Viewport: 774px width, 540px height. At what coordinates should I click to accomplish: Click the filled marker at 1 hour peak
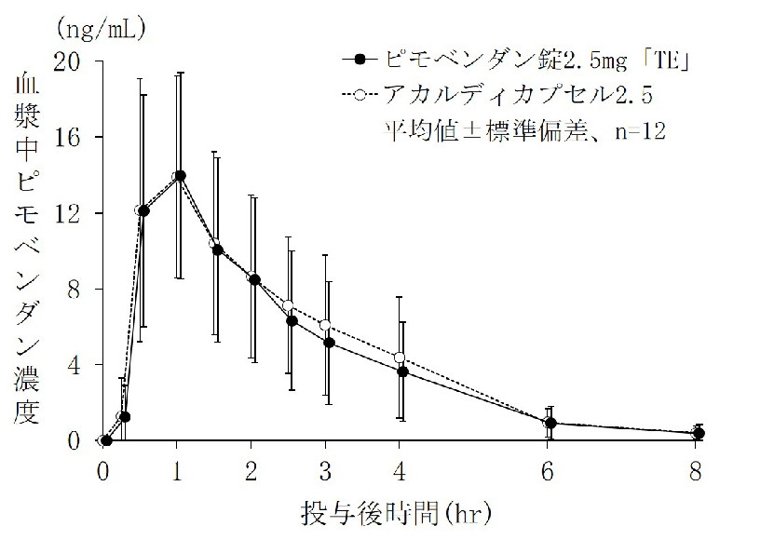pos(180,175)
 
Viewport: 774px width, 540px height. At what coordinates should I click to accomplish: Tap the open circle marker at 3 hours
pos(325,325)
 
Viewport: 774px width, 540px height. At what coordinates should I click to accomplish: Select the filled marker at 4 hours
pos(402,371)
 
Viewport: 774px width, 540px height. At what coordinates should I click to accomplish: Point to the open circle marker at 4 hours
pos(400,358)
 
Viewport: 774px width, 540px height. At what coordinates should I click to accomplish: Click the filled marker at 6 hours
pos(550,423)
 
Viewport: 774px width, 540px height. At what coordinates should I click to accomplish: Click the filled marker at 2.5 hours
pos(292,320)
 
